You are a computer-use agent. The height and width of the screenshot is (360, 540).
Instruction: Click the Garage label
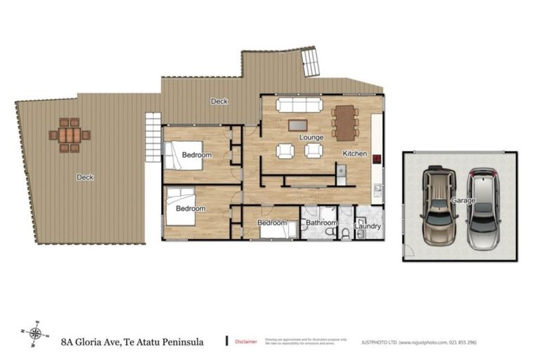coord(464,201)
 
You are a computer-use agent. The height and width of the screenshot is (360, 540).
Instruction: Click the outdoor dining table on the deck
coord(70,135)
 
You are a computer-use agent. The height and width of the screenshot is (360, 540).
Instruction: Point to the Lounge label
coord(311,137)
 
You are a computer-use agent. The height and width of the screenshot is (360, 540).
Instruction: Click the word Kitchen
coord(354,153)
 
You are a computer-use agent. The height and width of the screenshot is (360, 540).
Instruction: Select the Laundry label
coord(368,226)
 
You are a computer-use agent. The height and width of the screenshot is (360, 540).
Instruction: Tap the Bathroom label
coord(320,224)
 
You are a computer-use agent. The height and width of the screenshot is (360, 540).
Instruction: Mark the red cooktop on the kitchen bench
coord(378,159)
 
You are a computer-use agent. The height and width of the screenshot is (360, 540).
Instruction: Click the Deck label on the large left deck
coord(84,177)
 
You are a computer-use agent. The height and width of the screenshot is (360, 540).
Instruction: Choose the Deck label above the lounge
coord(219,102)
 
